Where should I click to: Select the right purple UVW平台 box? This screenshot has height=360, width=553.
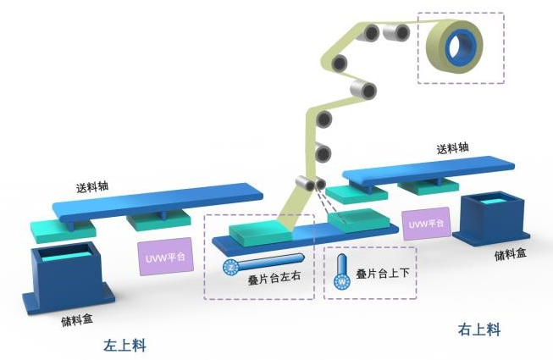(x=426, y=224)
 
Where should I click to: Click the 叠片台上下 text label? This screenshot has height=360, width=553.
(x=384, y=274)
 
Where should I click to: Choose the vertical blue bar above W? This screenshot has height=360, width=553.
(x=342, y=264)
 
